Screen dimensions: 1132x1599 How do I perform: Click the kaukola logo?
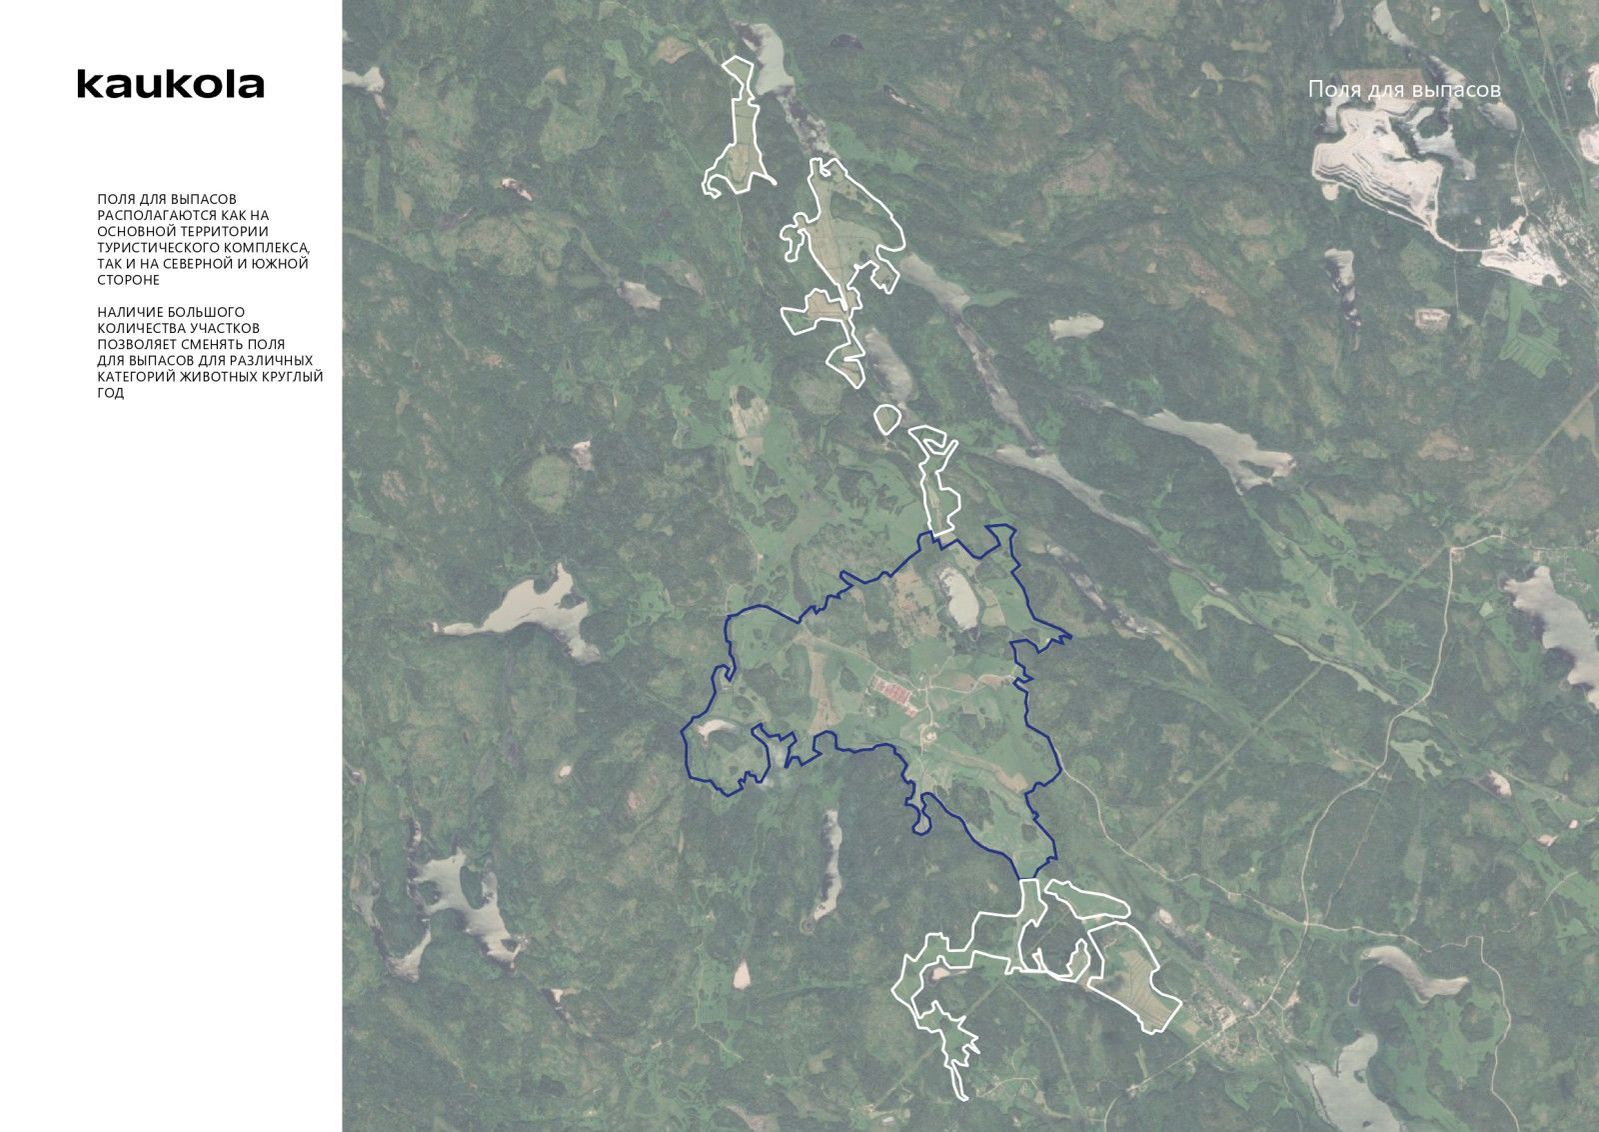(171, 84)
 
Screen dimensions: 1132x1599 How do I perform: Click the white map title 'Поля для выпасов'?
(1404, 89)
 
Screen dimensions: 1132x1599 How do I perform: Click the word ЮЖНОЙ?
(288, 264)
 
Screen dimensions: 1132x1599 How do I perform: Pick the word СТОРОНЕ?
(128, 280)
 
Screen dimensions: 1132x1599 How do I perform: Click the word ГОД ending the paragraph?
(111, 393)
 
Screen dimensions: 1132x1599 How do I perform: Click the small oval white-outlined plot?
(887, 418)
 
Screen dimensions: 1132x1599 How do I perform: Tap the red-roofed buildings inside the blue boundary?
(892, 690)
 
